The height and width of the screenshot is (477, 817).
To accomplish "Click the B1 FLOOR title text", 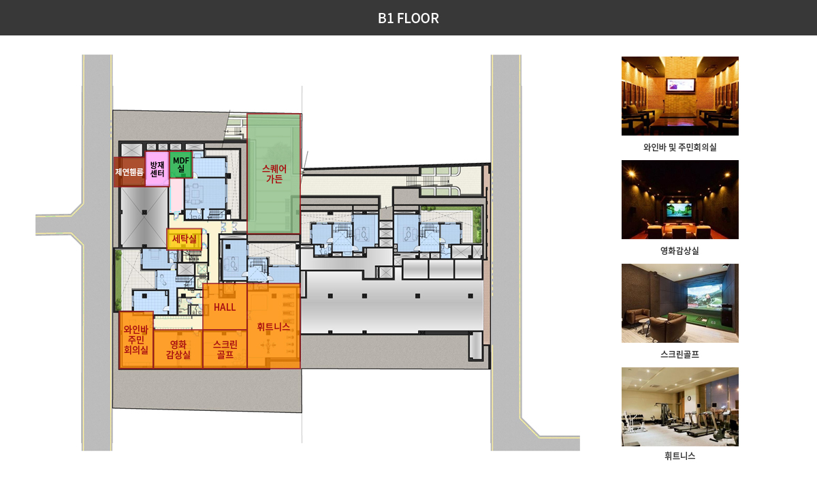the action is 408,18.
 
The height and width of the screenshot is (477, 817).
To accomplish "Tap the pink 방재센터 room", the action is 157,169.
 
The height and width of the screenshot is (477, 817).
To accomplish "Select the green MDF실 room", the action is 181,165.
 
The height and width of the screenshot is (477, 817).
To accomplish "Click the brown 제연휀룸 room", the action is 129,172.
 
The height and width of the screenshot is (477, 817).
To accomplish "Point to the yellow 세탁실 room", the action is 185,239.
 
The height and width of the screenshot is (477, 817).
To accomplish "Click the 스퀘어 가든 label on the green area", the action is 274,174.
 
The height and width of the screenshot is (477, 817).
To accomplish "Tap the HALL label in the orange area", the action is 225,307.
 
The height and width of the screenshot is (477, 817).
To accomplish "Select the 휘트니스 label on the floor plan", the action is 273,326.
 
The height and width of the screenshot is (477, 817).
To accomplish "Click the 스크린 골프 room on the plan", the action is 225,349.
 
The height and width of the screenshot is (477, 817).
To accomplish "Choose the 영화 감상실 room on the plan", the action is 178,349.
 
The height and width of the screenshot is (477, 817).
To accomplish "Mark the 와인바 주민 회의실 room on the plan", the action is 136,340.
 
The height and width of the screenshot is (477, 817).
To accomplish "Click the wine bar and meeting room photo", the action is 680,96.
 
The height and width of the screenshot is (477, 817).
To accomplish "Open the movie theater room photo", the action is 680,200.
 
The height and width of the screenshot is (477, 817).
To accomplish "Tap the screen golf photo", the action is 680,303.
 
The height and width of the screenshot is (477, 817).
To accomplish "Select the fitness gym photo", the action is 680,407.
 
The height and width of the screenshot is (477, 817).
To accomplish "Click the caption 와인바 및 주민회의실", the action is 680,147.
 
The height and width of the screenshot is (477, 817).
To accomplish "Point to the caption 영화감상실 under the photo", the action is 680,251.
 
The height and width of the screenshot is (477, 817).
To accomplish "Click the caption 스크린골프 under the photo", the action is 680,354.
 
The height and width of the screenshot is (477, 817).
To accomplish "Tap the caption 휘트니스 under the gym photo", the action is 680,456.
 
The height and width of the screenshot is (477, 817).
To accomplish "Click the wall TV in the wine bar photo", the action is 681,85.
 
